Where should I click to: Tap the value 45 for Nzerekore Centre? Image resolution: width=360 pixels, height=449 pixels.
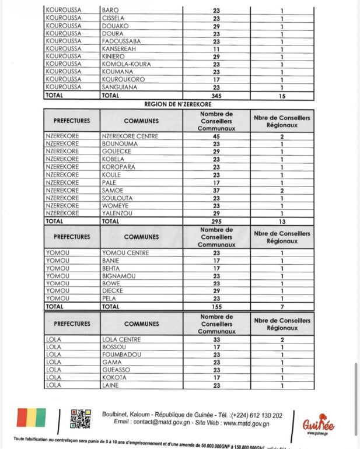click(216, 136)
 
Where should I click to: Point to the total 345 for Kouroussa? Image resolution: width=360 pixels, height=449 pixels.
click(216, 95)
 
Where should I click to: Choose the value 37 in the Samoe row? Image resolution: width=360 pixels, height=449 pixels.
click(216, 190)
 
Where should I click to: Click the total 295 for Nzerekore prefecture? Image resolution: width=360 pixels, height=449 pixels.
click(216, 222)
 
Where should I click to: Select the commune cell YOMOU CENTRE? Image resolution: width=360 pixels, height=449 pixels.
click(125, 252)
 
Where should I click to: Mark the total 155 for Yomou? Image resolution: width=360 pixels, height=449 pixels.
click(216, 306)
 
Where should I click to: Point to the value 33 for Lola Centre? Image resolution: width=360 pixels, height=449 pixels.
click(216, 339)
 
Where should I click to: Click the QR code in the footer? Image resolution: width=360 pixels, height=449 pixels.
click(81, 419)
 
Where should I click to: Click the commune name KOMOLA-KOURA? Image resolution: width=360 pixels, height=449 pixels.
click(126, 64)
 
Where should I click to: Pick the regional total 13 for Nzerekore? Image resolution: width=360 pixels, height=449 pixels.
click(282, 222)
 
